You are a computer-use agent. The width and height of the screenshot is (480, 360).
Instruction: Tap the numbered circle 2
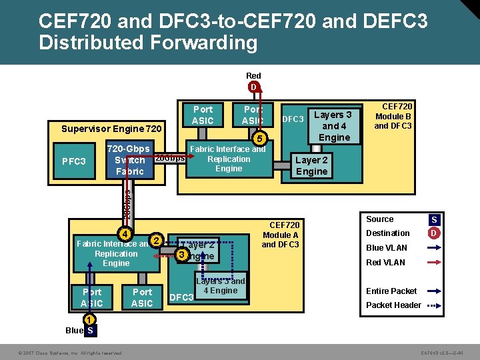tap(155, 240)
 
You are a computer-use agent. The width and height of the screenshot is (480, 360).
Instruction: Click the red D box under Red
tap(253, 87)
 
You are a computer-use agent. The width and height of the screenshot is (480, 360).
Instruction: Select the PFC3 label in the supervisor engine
tap(73, 161)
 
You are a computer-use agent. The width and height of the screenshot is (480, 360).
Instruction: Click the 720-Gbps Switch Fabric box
tap(130, 160)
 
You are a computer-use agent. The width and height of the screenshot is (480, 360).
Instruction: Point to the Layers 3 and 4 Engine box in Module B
tap(334, 126)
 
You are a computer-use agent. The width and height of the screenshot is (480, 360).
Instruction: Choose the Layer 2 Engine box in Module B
tap(311, 165)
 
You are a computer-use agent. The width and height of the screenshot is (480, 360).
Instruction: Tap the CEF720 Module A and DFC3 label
tap(281, 235)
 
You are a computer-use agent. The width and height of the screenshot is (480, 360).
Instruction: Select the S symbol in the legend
tap(434, 220)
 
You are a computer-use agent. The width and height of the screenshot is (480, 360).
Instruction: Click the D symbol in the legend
tap(434, 233)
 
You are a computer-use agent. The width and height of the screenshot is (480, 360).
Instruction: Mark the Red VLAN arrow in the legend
tap(433, 262)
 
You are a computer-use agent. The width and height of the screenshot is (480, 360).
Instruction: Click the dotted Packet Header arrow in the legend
tap(433, 305)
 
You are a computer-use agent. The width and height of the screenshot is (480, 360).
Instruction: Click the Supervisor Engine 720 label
tap(111, 128)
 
